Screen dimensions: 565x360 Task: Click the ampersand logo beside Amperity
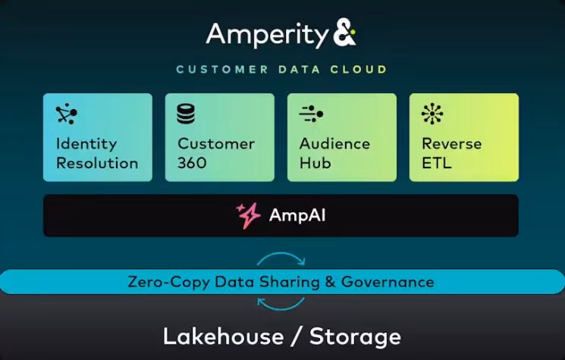[x=344, y=34]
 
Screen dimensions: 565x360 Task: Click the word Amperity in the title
[x=265, y=35]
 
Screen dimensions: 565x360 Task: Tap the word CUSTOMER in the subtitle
[x=221, y=70]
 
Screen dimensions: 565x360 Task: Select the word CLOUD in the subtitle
[x=359, y=70]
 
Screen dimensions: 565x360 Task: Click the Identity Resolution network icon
[x=66, y=114]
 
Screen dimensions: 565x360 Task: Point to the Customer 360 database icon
[x=186, y=114]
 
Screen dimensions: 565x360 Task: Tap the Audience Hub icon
[x=311, y=114]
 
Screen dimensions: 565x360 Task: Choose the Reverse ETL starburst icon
[x=432, y=114]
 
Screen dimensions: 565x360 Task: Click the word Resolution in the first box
[x=97, y=163]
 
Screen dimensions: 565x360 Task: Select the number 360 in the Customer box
[x=192, y=163]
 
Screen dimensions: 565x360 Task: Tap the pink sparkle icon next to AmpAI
[x=248, y=216]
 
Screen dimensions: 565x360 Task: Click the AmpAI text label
[x=298, y=216]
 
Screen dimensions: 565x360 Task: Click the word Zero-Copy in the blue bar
[x=160, y=282]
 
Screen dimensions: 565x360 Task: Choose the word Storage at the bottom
[x=355, y=336]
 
